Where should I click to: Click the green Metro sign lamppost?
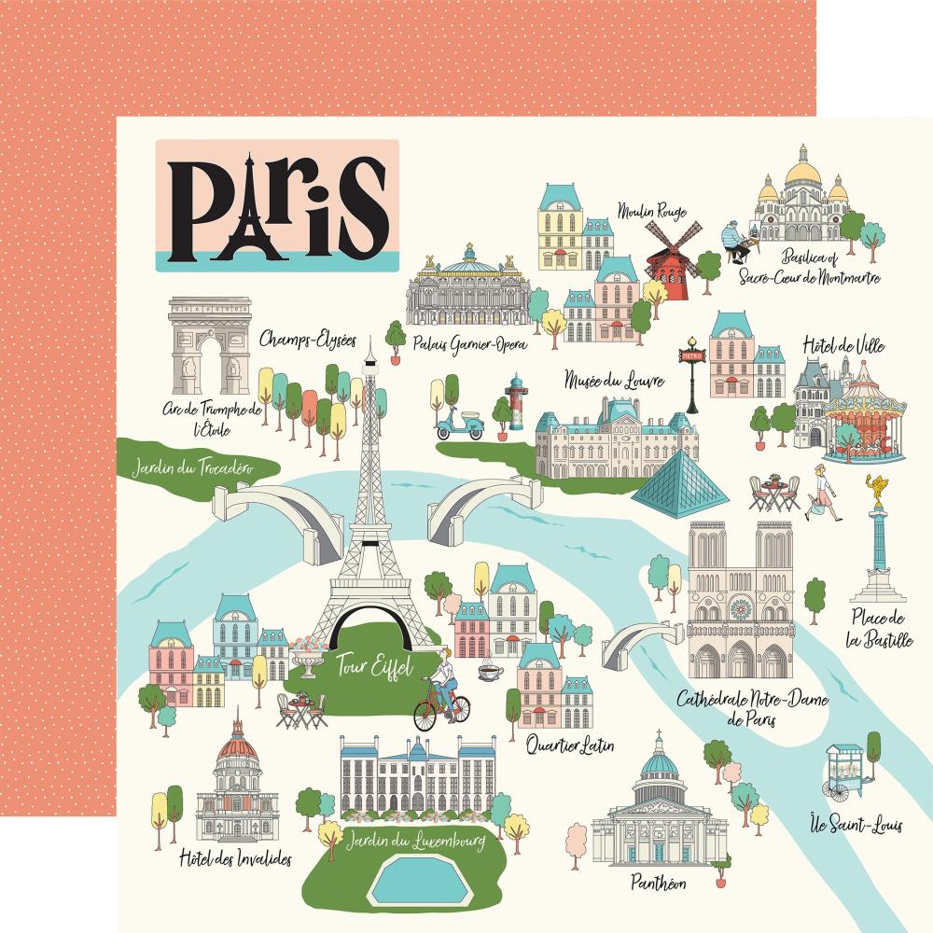point(691,373)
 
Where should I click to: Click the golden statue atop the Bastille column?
point(876,486)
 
